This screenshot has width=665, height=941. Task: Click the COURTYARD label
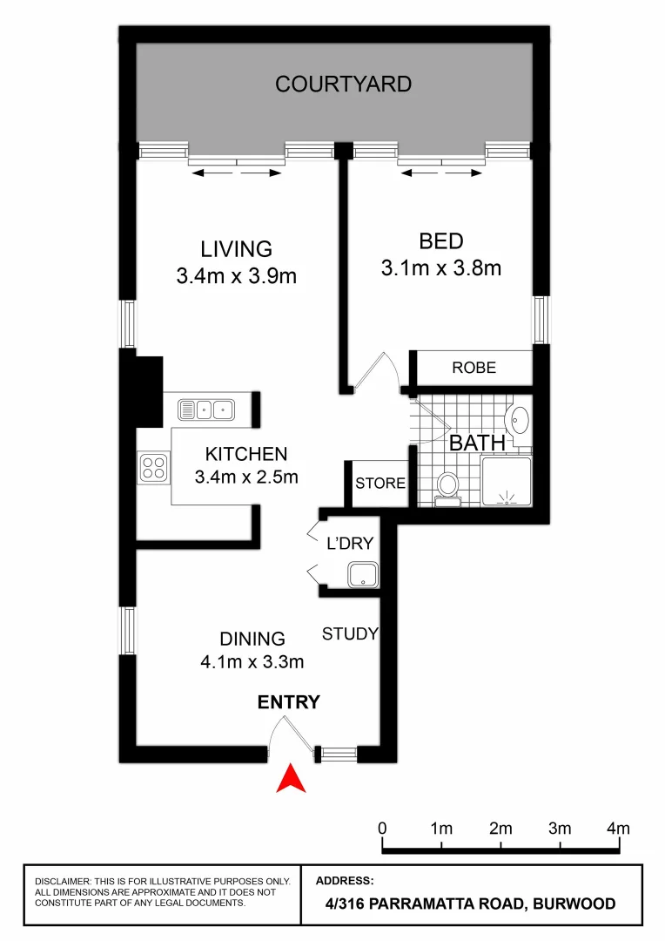[343, 85]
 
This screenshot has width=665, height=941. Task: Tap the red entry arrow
[291, 777]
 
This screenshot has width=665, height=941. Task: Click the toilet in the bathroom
[448, 486]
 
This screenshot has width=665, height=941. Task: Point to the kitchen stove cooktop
[153, 467]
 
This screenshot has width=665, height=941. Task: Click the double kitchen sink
[205, 408]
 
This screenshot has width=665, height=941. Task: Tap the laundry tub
[362, 574]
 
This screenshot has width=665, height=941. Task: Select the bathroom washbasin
[519, 420]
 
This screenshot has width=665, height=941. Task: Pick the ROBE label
[474, 368]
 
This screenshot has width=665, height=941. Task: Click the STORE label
[380, 482]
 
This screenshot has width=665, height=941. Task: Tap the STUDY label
[350, 633]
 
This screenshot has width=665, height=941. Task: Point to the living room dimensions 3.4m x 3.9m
[237, 277]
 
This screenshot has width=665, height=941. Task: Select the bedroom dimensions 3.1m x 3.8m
[440, 268]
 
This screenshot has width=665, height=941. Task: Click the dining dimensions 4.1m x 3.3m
[252, 662]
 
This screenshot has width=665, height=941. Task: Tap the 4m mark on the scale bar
[618, 828]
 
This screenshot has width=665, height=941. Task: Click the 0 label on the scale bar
[383, 828]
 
